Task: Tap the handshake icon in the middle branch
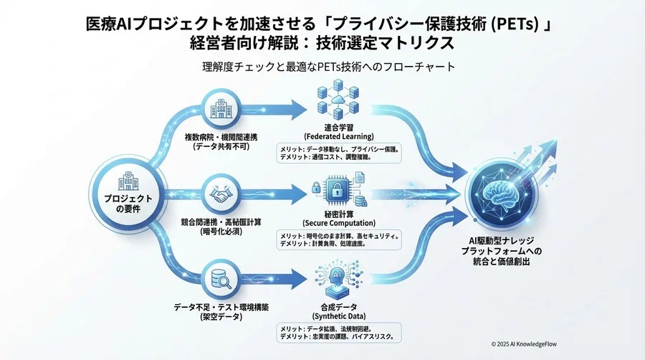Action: [220, 194]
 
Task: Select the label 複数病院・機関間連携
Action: [219, 135]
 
